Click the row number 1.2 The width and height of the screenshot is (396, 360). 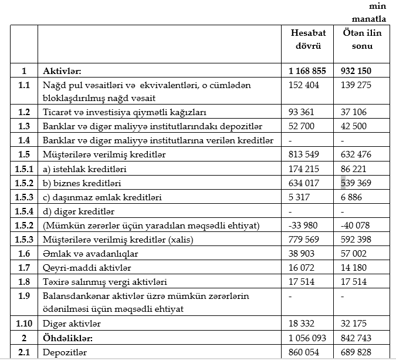pos(24,112)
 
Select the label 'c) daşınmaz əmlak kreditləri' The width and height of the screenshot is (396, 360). pos(103,197)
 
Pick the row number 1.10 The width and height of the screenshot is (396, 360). pos(24,324)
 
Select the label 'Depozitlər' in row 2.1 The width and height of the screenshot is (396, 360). pos(65,352)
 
